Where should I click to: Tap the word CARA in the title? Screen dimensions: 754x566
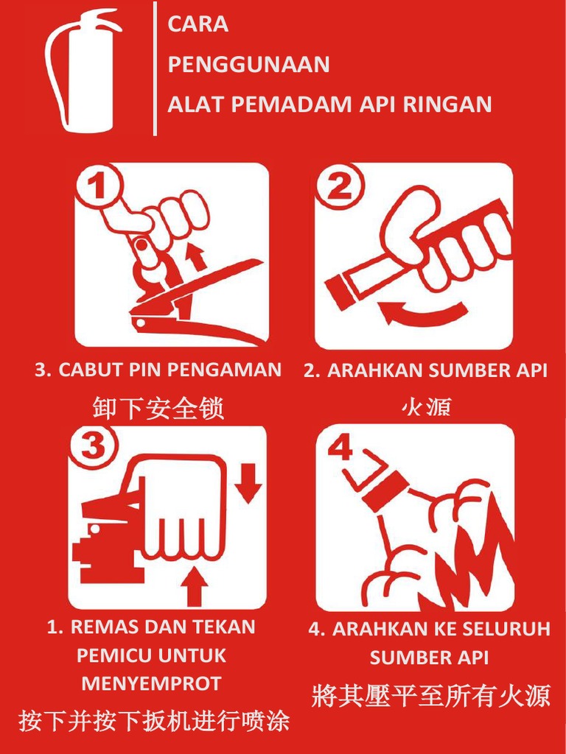198,24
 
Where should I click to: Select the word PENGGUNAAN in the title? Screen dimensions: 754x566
248,65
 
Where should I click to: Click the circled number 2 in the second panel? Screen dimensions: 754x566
339,188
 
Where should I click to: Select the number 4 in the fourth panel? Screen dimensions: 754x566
341,447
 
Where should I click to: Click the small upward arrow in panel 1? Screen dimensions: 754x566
195,257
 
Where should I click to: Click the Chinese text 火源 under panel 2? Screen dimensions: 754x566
425,406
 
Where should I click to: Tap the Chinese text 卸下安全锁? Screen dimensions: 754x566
158,407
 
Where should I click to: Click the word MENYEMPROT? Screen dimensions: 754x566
151,683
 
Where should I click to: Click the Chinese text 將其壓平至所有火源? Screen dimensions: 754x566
430,694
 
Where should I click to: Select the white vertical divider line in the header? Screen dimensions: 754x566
156,68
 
